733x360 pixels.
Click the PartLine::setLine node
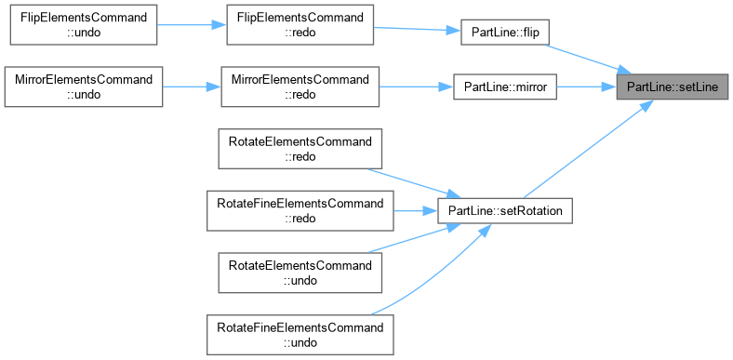[672, 87]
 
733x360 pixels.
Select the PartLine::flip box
[504, 33]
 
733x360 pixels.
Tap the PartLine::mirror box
[505, 87]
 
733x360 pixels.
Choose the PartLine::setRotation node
[505, 211]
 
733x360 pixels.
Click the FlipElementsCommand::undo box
[84, 25]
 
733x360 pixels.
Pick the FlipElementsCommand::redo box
[300, 25]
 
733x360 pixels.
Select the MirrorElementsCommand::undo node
[84, 87]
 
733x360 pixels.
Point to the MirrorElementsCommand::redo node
[300, 87]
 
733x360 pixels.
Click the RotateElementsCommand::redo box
[300, 149]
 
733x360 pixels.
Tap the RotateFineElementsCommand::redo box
[300, 211]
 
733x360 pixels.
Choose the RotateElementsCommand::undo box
[300, 273]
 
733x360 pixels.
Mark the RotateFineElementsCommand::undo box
[300, 335]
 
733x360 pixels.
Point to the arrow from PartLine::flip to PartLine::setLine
[588, 60]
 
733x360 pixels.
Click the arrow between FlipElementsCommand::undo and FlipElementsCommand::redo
[192, 25]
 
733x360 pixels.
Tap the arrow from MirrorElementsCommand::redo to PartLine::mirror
[416, 87]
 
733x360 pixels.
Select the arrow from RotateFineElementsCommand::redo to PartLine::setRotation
[415, 211]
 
